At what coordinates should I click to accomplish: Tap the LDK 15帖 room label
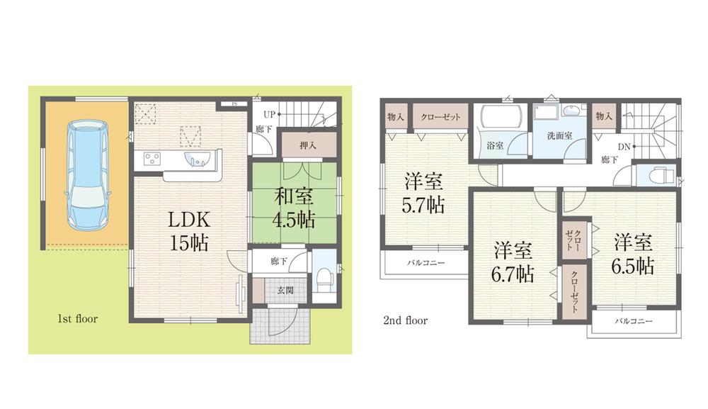click(x=188, y=230)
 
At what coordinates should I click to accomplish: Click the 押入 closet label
click(x=307, y=146)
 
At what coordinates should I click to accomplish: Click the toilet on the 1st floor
click(x=324, y=277)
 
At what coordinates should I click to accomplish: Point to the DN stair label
click(x=624, y=147)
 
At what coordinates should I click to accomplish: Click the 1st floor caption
click(x=77, y=320)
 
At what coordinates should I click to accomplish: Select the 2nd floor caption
click(x=405, y=320)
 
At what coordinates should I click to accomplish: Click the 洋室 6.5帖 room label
click(x=632, y=254)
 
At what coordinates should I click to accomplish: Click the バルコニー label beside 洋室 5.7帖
click(x=426, y=262)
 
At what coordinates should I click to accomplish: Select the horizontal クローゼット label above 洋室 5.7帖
click(x=440, y=117)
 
